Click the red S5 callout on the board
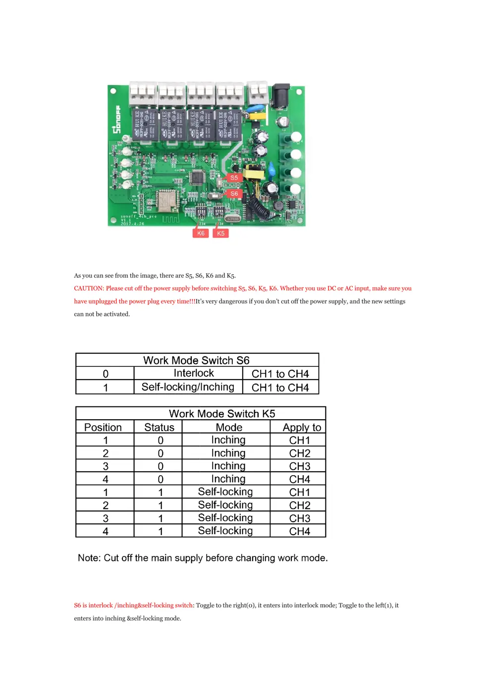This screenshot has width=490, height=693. click(x=234, y=178)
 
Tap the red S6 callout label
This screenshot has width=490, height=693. click(x=234, y=194)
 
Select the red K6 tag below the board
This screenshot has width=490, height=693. click(x=201, y=233)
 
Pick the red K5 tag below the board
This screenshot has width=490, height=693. click(x=220, y=233)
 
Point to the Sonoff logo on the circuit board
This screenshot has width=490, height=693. click(x=117, y=119)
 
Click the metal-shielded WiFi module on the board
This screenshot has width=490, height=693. click(x=166, y=200)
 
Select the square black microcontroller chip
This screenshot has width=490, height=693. click(x=197, y=178)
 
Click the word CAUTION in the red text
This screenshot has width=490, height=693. click(x=89, y=289)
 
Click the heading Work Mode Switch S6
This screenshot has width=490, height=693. click(x=196, y=360)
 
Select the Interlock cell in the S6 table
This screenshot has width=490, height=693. click(x=194, y=373)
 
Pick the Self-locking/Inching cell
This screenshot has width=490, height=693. click(x=188, y=387)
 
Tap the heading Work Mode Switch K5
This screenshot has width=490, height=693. click(x=221, y=414)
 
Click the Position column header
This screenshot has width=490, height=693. click(x=103, y=428)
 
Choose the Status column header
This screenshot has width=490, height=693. click(x=159, y=428)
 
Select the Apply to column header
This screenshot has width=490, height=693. click(x=302, y=428)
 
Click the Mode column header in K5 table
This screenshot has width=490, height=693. click(x=229, y=428)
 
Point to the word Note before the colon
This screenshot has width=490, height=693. click(x=89, y=558)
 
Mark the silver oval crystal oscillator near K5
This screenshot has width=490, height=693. click(x=232, y=218)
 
